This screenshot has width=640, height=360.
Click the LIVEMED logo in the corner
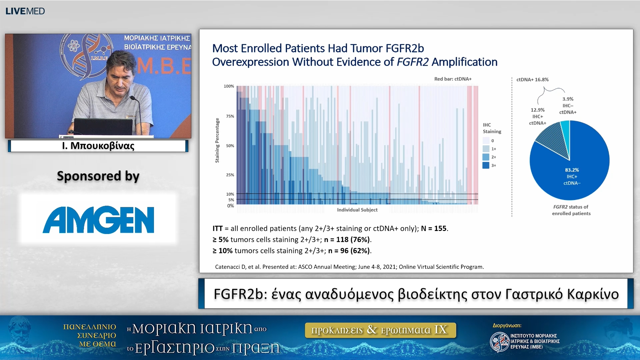click(25, 11)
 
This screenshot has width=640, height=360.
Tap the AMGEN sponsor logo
click(98, 220)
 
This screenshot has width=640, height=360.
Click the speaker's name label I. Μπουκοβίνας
click(98, 146)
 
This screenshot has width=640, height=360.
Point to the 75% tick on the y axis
click(230, 116)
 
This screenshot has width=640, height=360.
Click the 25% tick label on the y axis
click(230, 175)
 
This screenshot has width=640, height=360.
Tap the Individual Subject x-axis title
click(357, 210)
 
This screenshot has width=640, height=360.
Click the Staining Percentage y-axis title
click(217, 140)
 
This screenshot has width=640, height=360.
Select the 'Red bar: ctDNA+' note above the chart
click(453, 79)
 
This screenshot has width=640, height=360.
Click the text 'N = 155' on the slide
click(434, 229)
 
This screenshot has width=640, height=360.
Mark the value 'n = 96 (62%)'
click(349, 251)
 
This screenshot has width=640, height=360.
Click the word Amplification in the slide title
click(464, 62)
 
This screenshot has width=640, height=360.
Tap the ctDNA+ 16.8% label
click(532, 80)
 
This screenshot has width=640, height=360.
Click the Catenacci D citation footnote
click(349, 267)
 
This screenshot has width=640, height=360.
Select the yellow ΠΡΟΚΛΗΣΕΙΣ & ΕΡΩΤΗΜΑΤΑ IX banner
click(380, 330)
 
